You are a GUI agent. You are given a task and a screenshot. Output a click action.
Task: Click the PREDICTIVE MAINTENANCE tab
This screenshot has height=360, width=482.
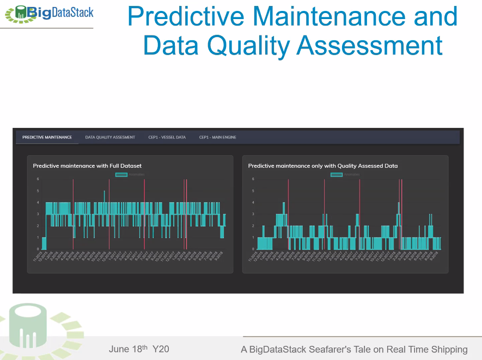(47, 137)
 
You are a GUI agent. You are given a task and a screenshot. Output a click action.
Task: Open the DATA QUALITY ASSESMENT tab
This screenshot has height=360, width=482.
(110, 137)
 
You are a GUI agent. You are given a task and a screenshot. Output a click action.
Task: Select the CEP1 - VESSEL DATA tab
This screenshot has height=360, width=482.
(167, 137)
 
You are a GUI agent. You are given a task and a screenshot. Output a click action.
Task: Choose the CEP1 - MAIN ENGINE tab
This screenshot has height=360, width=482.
(217, 137)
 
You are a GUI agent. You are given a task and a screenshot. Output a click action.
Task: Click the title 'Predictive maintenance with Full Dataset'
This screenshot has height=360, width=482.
(87, 166)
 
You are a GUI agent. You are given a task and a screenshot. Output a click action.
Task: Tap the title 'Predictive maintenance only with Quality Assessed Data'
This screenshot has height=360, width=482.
(322, 166)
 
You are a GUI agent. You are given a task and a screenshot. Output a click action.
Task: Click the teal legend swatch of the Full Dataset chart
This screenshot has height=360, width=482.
(121, 174)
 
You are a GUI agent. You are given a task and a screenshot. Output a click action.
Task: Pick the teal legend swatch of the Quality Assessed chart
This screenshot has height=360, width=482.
(337, 174)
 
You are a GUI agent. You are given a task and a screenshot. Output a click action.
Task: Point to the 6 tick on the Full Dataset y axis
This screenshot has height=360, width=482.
(38, 179)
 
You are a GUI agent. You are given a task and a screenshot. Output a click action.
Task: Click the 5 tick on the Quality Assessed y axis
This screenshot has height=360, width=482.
(253, 191)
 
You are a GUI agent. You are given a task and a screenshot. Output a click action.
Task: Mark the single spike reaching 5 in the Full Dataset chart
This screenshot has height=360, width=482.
(105, 192)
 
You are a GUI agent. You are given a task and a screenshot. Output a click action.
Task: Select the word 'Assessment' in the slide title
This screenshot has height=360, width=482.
(369, 46)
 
